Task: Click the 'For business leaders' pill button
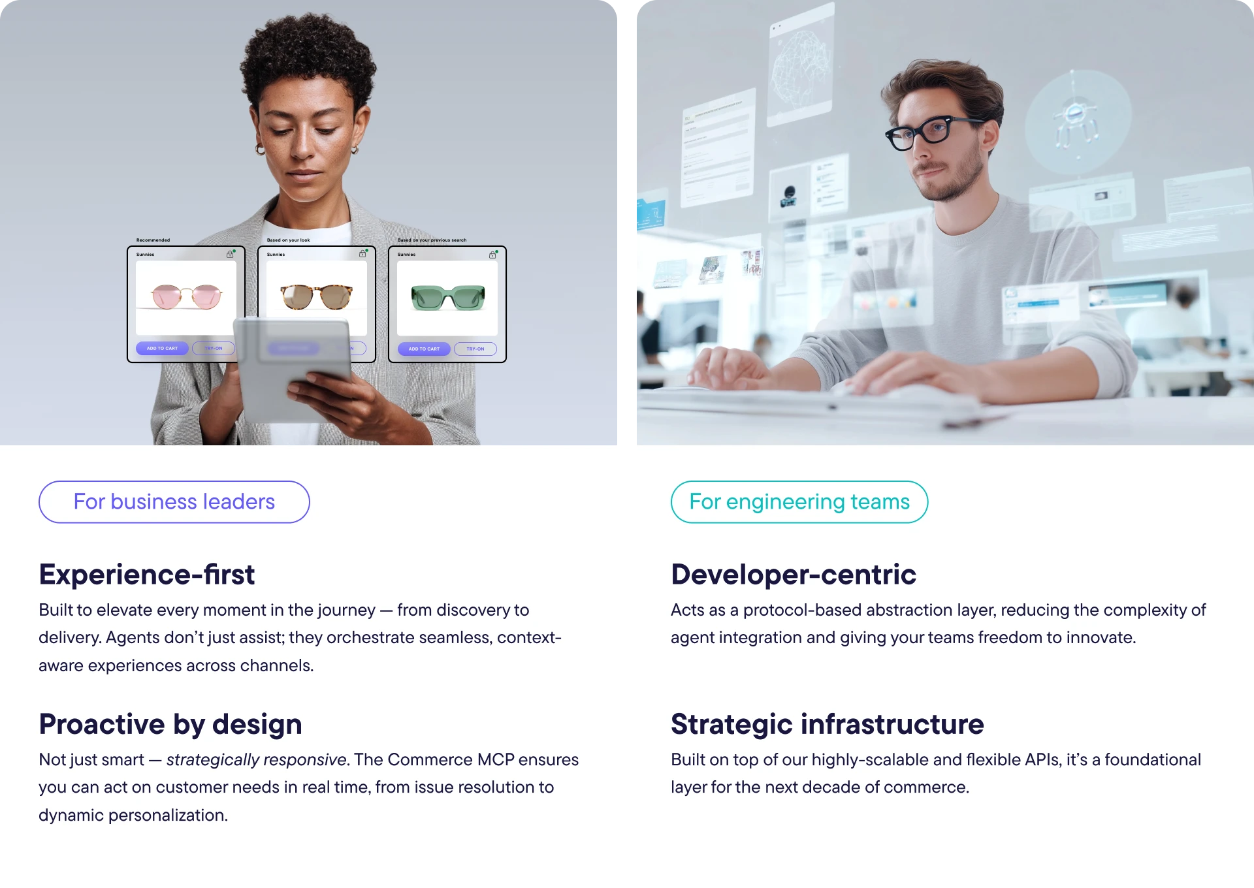[x=174, y=501]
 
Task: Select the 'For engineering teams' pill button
[x=799, y=501]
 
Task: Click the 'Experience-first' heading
[x=146, y=575]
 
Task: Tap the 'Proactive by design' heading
[x=170, y=724]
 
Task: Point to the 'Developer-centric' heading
[x=793, y=575]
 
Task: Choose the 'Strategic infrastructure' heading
[x=827, y=724]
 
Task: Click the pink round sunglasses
[x=186, y=297]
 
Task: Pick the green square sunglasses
[x=447, y=298]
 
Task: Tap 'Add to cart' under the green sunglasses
[x=424, y=349]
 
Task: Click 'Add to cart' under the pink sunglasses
[x=162, y=348]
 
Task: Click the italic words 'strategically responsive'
[x=256, y=759]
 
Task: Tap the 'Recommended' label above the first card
[x=153, y=240]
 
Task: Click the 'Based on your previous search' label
[x=432, y=240]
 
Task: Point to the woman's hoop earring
[x=260, y=150]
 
